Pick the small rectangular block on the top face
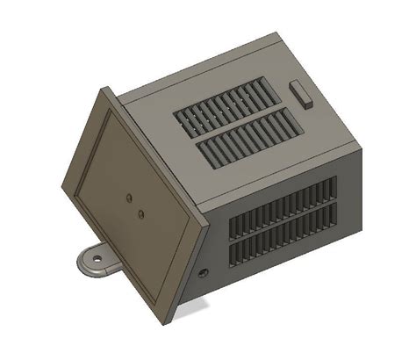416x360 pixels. coord(300,93)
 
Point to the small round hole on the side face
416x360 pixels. coord(205,273)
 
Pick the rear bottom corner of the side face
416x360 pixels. coord(361,231)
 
